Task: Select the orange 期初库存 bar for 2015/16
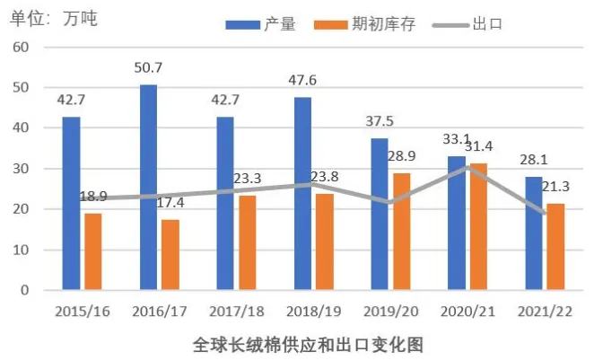pyautogui.click(x=93, y=251)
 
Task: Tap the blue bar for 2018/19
pyautogui.click(x=302, y=193)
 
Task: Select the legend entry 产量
pyautogui.click(x=261, y=24)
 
